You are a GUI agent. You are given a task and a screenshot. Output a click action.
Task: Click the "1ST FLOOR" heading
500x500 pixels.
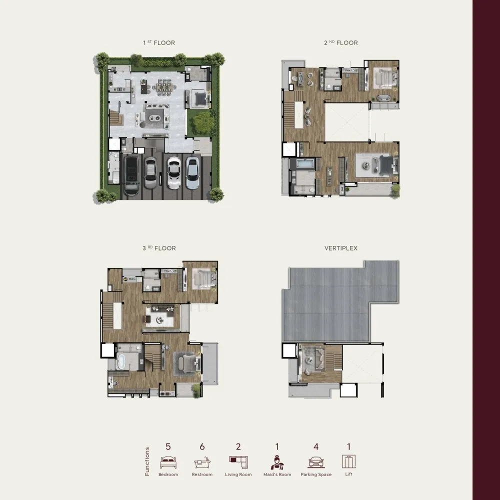point(159,42)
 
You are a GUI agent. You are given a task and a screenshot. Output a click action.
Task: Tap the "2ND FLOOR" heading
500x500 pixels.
point(341,42)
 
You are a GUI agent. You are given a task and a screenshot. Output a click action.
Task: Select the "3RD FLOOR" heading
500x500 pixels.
point(159,248)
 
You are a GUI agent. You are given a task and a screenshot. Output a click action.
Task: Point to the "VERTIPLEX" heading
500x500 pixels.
point(341,248)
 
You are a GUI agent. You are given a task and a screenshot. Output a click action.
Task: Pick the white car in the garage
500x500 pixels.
point(173,172)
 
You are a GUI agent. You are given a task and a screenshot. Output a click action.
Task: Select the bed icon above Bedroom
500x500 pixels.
point(168,462)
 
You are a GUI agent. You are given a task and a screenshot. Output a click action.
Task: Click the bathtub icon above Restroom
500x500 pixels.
point(202,462)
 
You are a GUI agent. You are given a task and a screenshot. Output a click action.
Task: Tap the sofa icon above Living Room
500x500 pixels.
point(238,462)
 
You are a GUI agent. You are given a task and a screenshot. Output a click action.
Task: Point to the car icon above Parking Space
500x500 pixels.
point(316,462)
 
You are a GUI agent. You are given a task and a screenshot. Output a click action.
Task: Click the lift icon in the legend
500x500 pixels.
point(349,461)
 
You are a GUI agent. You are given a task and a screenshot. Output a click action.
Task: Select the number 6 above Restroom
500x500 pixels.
point(202,446)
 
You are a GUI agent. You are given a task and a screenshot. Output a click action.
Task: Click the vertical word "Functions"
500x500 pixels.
point(147,461)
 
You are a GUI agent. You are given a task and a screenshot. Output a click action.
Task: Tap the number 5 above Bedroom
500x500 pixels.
point(168,446)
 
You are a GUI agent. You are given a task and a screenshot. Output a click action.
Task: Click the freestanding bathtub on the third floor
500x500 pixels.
point(121,362)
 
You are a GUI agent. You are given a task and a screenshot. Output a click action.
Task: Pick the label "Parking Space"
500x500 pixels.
point(316,474)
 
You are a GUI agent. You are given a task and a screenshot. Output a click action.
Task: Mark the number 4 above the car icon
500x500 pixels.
point(316,446)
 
